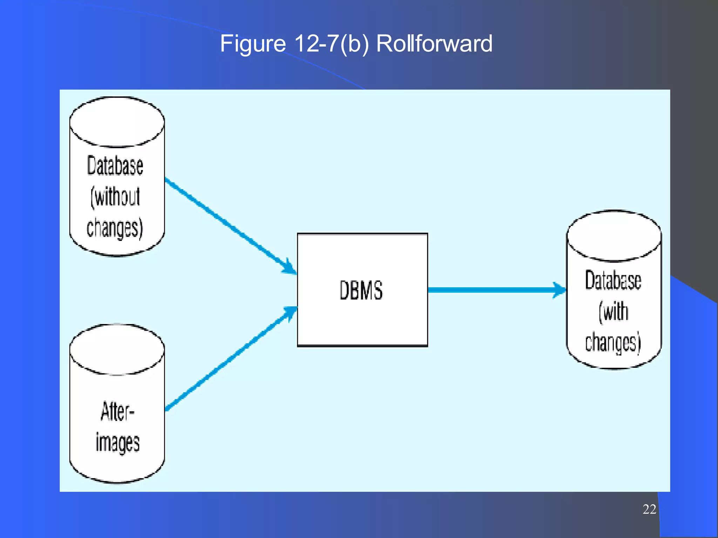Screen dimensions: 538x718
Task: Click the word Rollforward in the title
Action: [434, 44]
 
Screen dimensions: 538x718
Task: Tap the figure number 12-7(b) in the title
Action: [331, 44]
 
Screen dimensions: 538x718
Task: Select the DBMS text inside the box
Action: [361, 290]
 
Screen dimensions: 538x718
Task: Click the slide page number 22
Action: [649, 509]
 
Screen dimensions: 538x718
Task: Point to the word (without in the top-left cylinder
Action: [115, 197]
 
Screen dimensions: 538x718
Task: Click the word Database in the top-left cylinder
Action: [115, 166]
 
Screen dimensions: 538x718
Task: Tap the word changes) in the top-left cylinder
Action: [115, 228]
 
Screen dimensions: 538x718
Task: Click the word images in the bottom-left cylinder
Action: [117, 443]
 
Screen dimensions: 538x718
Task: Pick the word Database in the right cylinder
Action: [613, 281]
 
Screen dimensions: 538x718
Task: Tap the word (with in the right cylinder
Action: [613, 311]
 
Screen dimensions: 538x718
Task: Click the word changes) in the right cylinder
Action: [613, 342]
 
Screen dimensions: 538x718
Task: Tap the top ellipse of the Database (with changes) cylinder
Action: [614, 236]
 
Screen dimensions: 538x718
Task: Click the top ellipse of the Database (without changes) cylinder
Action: [117, 122]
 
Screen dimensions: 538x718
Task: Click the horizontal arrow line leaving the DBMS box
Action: [491, 290]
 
